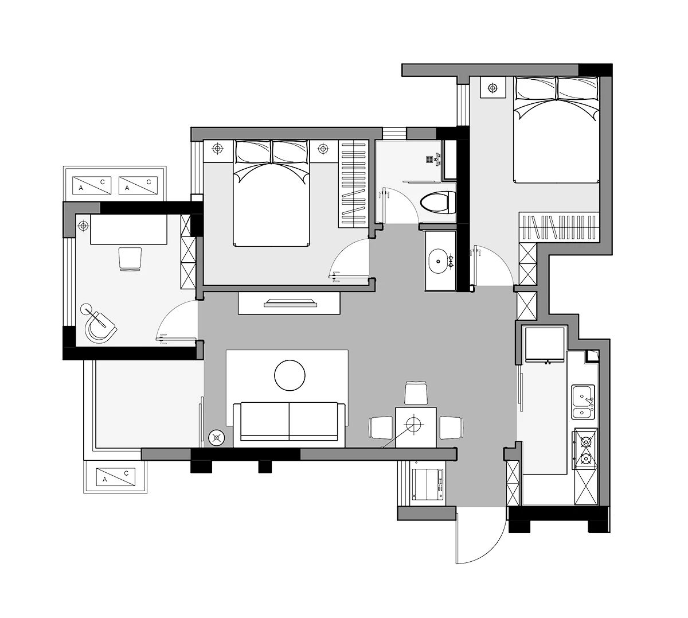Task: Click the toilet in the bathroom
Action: (x=437, y=203)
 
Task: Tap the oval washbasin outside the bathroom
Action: (x=438, y=261)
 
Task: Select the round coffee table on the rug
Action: (x=290, y=375)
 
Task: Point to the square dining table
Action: (x=416, y=427)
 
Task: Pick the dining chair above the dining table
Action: (x=416, y=392)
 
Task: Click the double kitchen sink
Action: (x=583, y=402)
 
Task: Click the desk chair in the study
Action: (x=130, y=259)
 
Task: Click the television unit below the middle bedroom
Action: (x=288, y=303)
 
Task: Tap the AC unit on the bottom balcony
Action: (x=116, y=477)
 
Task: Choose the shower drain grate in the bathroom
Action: (x=429, y=159)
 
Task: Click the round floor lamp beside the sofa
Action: (x=216, y=438)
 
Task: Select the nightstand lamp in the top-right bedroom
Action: (x=492, y=88)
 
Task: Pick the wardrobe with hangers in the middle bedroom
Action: (x=353, y=184)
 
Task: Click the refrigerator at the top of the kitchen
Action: (x=545, y=345)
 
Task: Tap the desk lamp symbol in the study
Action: (x=83, y=226)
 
